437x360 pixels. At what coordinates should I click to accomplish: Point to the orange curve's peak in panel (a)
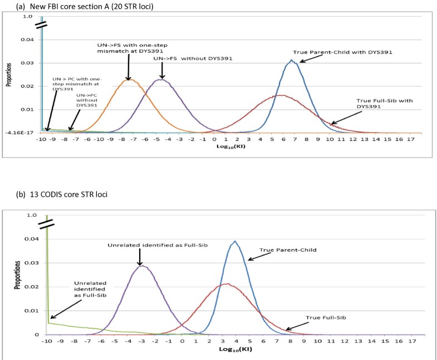click(129, 80)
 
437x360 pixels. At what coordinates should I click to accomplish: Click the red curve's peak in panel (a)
click(282, 95)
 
